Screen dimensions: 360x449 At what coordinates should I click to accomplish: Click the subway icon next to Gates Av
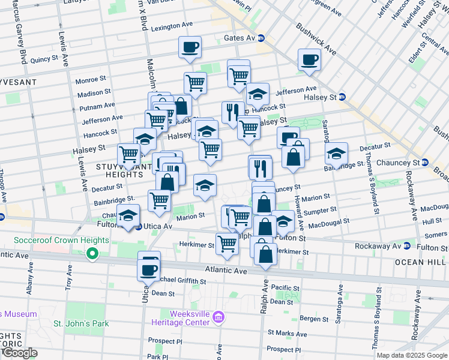coord(261,38)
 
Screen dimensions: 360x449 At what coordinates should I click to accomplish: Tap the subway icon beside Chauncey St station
coord(424,163)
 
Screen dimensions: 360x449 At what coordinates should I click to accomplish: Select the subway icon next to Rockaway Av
coord(408,246)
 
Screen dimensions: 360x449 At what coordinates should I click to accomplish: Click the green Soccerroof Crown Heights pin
coord(92,255)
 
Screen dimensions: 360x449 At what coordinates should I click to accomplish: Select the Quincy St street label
coord(44,59)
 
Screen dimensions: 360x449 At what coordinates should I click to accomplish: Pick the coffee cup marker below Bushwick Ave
coord(309,59)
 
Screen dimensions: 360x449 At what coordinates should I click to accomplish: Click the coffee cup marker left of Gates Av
coord(190,47)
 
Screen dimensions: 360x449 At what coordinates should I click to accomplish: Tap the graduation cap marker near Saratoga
coord(337,154)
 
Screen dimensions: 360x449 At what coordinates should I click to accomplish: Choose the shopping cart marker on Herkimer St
coord(227,244)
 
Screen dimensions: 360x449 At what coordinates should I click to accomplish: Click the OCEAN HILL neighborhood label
coord(428,263)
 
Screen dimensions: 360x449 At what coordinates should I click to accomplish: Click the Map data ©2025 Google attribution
coord(412,355)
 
